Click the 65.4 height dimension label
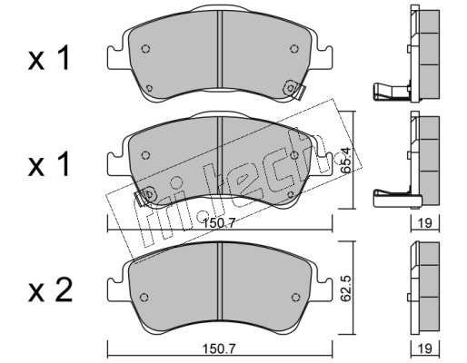pos(346,160)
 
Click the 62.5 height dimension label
pos(346,289)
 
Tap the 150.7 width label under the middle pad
pos(219,224)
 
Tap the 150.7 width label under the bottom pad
pos(219,349)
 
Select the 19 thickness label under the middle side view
pos(425,223)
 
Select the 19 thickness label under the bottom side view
pos(425,348)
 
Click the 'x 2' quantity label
pos(50,290)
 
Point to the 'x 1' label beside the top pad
pos(49,58)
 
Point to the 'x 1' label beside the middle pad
pos(49,164)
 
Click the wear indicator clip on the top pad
pos(293,89)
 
